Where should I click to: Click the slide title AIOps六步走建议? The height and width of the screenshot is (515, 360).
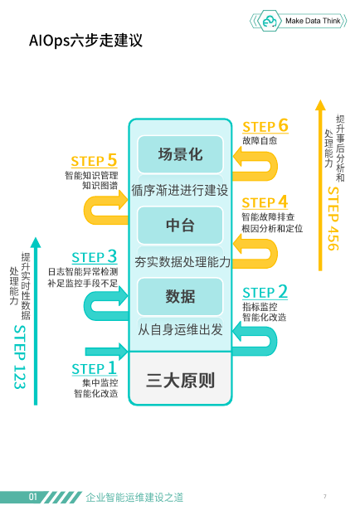click(85, 41)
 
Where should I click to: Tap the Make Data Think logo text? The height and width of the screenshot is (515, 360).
click(313, 21)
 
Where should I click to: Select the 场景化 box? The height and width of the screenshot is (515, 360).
click(180, 154)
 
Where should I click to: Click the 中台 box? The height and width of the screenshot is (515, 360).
click(180, 225)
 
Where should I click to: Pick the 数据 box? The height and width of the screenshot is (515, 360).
click(180, 296)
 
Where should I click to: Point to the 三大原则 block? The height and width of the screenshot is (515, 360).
click(180, 379)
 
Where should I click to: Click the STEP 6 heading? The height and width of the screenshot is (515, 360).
click(265, 126)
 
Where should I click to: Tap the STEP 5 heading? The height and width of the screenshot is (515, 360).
click(94, 161)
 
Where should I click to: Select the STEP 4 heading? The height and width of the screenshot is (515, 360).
click(265, 202)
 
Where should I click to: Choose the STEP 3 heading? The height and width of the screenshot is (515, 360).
click(95, 256)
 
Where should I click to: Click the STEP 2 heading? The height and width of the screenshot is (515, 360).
click(265, 292)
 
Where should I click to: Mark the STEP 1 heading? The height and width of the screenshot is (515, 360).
click(95, 368)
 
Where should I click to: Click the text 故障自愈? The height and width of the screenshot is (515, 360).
click(260, 141)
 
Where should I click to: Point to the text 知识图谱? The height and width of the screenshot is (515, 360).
click(100, 186)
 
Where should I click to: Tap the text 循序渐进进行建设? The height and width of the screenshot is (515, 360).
click(180, 190)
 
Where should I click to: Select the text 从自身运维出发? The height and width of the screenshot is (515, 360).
click(180, 329)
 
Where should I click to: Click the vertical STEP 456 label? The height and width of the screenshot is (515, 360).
click(333, 219)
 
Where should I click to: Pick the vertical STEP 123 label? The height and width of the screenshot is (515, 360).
click(20, 357)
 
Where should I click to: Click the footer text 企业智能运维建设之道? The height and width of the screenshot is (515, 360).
click(134, 498)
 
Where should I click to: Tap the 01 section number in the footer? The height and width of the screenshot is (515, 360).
click(33, 497)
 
